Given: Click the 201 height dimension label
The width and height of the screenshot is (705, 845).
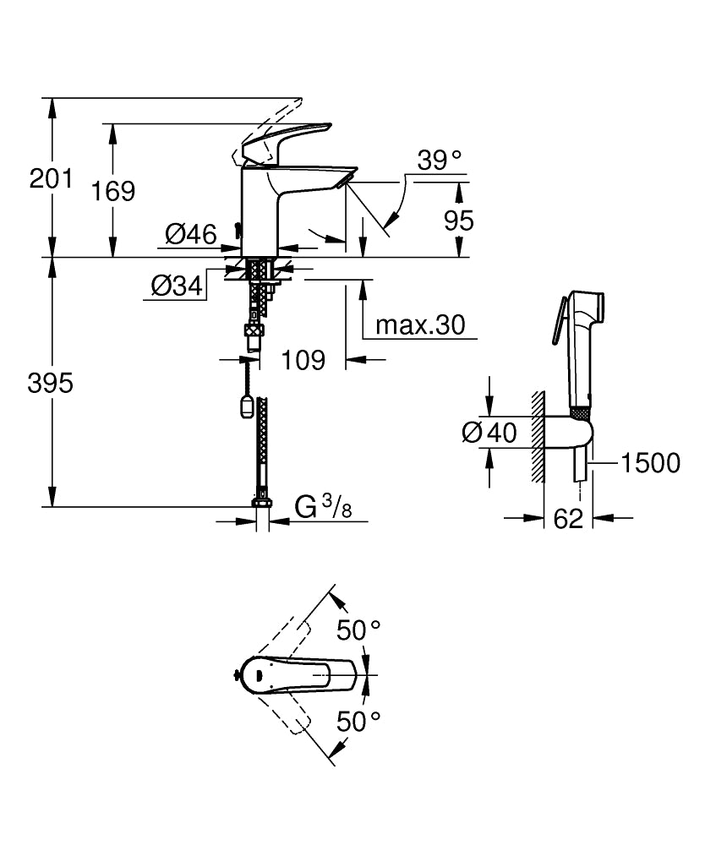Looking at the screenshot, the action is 51,178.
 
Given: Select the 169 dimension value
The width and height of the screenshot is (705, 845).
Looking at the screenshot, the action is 112,191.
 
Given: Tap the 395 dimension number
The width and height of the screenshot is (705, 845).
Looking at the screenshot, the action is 50,383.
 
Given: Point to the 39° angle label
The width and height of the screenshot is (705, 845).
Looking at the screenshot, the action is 440,161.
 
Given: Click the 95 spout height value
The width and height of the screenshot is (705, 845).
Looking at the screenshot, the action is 459,221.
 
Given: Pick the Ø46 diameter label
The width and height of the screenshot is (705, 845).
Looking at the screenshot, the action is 191,234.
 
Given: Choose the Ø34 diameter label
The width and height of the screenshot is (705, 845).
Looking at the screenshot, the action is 177,286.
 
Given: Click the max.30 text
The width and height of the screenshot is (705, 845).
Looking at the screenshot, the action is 420,325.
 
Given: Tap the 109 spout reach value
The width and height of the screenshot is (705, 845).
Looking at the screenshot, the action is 303,360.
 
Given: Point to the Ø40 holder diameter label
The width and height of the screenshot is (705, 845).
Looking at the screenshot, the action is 489,432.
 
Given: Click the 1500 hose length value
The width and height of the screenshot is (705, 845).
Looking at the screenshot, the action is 651,463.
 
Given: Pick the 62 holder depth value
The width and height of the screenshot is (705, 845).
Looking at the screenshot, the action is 568,519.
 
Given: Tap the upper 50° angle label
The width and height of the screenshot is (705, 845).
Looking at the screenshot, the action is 359,630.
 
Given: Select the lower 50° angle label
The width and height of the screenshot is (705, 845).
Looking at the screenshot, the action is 359,721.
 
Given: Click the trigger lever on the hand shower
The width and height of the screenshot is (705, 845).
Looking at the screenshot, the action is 558,320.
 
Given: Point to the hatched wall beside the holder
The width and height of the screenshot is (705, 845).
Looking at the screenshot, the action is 538,436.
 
